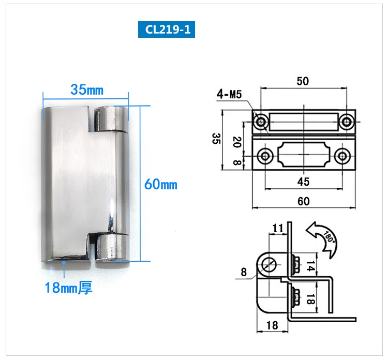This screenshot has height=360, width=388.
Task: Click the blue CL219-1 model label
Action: pos(167,29)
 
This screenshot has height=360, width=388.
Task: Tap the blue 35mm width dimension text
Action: pos(87,89)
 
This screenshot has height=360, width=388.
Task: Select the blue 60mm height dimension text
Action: pos(161,184)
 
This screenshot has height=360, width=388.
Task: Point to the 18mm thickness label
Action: pos(68,288)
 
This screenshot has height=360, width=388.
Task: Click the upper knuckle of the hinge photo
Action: pos(111,118)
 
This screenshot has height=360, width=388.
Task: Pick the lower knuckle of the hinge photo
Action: pos(112,248)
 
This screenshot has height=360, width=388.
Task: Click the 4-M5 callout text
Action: pos(229,94)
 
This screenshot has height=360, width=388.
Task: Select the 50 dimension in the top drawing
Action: pos(303,81)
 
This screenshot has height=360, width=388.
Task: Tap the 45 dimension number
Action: pos(303,182)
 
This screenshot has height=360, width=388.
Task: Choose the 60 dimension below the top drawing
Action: pos(304,201)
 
